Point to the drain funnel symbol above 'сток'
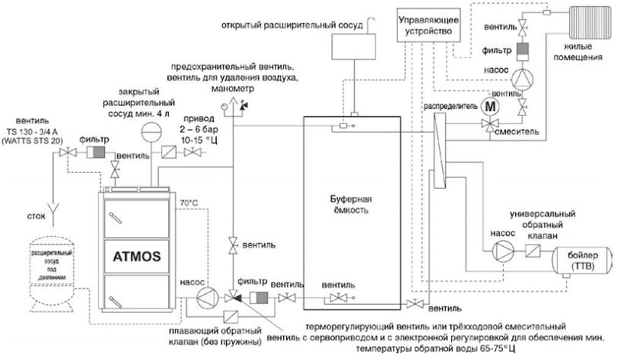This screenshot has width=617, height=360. tap(52, 205)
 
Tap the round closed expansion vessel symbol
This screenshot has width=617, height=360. tap(146, 133)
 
